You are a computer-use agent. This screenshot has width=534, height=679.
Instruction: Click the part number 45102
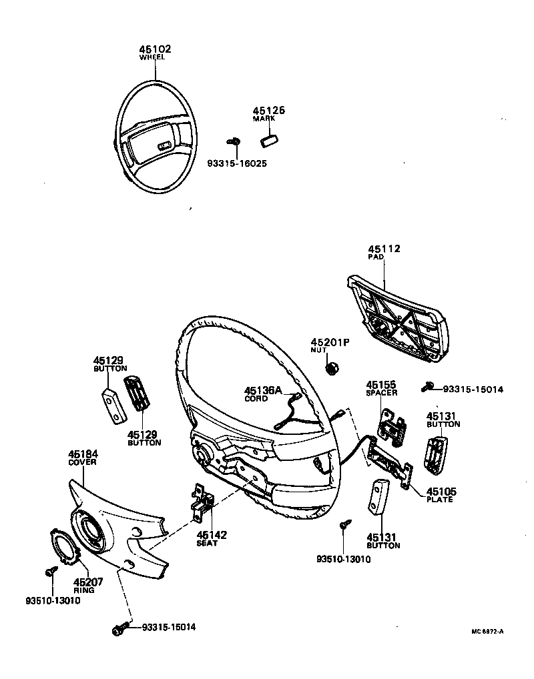click(x=155, y=49)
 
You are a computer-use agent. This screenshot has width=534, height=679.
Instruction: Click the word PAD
click(x=375, y=257)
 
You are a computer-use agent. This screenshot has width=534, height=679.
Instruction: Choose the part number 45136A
click(x=263, y=390)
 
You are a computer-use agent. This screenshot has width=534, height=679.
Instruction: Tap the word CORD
click(x=256, y=399)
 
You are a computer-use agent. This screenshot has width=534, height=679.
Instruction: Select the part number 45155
click(x=381, y=385)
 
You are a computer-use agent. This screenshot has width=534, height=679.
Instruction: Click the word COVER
click(x=82, y=462)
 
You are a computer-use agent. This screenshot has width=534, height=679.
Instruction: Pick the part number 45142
click(x=212, y=535)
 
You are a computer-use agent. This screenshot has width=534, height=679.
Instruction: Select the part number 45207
click(x=88, y=582)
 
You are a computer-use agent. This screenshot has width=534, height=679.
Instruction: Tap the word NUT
click(x=318, y=350)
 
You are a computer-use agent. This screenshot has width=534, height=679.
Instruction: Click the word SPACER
click(x=381, y=394)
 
